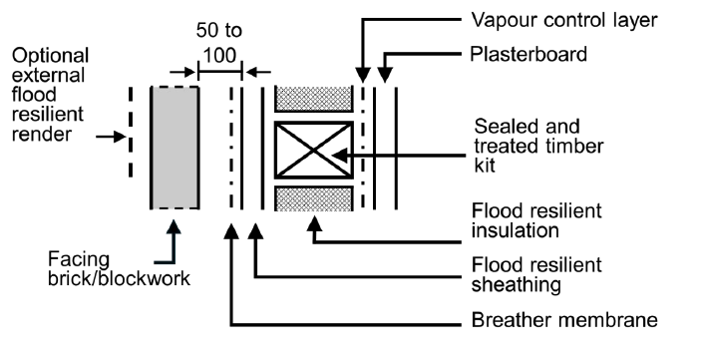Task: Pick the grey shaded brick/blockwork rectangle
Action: (x=175, y=147)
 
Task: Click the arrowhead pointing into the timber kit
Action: (x=338, y=154)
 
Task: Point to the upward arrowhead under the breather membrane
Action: (x=232, y=231)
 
